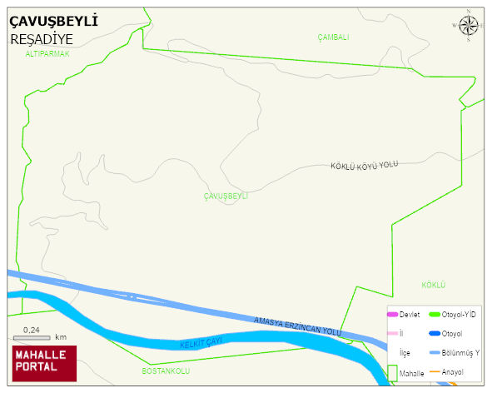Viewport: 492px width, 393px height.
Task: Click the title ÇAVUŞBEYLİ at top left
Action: pos(53,21)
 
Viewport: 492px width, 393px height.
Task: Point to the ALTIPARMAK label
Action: pos(47,53)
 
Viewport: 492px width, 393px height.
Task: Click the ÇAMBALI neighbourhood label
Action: pos(333,37)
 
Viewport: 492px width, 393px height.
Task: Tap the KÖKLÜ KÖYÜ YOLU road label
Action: pos(365,166)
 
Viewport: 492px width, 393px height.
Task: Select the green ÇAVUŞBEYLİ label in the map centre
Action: pos(226,196)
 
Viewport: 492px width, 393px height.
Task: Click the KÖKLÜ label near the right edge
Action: pos(434,285)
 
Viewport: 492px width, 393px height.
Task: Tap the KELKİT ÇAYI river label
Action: pos(204,343)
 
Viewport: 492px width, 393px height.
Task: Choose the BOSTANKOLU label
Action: pos(166,370)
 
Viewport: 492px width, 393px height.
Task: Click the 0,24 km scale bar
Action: pos(33,336)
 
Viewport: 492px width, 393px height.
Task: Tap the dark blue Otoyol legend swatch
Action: pos(434,334)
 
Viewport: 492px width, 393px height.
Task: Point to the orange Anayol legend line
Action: pos(434,371)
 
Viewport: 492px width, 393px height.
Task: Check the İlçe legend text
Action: pos(405,353)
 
